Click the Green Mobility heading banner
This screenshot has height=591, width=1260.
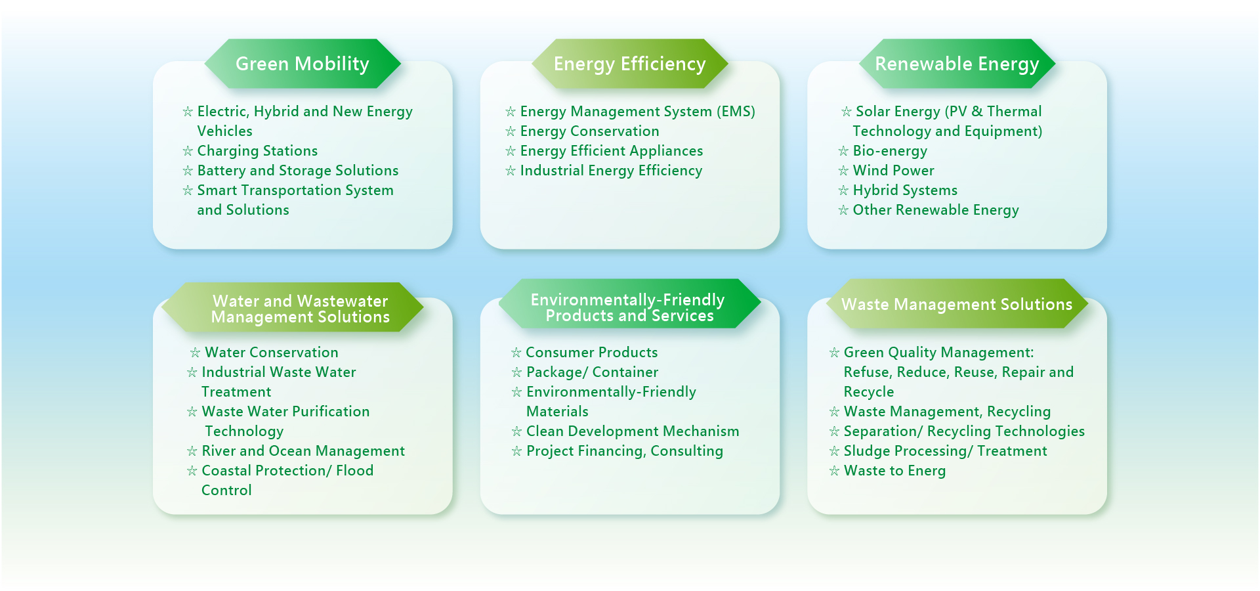pyautogui.click(x=303, y=64)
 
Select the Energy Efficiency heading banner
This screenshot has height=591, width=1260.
pyautogui.click(x=630, y=64)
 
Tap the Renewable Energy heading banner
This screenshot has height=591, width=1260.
pyautogui.click(x=957, y=64)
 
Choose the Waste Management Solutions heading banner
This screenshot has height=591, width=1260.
pyautogui.click(x=957, y=304)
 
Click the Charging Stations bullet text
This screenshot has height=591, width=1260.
pyautogui.click(x=257, y=151)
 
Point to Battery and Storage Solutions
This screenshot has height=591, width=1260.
pyautogui.click(x=298, y=171)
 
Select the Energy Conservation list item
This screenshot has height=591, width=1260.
pyautogui.click(x=589, y=131)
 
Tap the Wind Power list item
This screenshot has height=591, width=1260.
pyautogui.click(x=893, y=171)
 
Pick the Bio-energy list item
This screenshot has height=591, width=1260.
pyautogui.click(x=890, y=151)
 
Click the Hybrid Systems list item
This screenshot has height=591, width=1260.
pyautogui.click(x=905, y=190)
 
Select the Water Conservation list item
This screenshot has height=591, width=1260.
pyautogui.click(x=272, y=353)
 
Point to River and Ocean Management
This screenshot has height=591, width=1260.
pyautogui.click(x=303, y=451)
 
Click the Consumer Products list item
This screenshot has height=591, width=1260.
pyautogui.click(x=592, y=353)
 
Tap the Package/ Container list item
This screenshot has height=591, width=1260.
pyautogui.click(x=592, y=372)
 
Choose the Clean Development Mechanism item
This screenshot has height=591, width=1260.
pyautogui.click(x=633, y=431)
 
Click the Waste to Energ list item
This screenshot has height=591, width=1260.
pyautogui.click(x=894, y=471)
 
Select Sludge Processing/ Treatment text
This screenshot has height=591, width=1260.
pyautogui.click(x=945, y=451)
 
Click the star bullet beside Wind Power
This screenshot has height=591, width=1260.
pyautogui.click(x=843, y=171)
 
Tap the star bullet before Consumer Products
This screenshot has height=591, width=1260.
pyautogui.click(x=516, y=353)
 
